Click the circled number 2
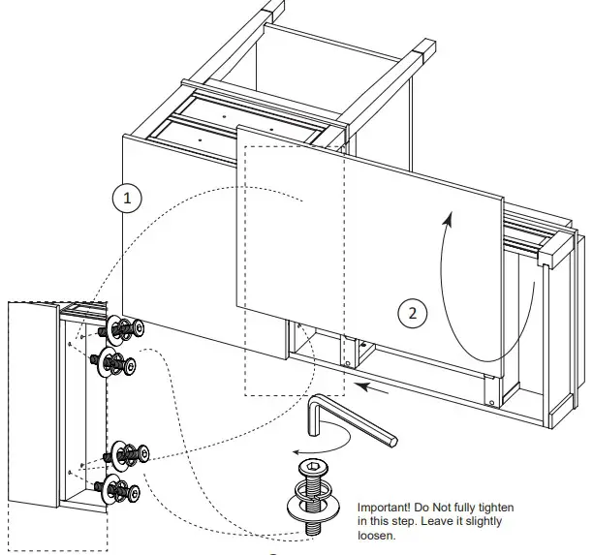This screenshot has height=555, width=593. point(413,312)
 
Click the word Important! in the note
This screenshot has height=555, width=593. point(387,508)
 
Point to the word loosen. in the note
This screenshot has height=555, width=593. point(376,534)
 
